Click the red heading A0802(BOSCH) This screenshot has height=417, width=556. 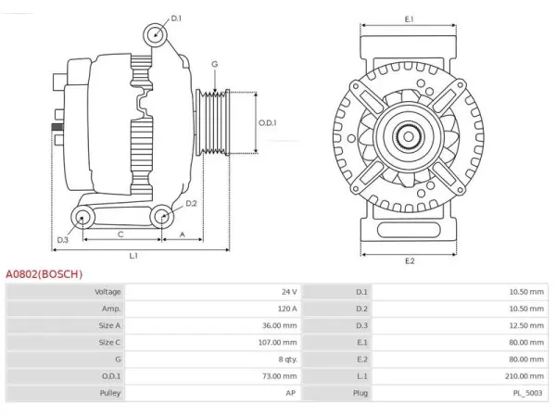pyautogui.click(x=44, y=274)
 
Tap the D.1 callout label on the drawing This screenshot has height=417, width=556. pyautogui.click(x=176, y=19)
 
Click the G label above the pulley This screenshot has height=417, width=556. pyautogui.click(x=215, y=64)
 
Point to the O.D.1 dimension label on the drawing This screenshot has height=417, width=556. pyautogui.click(x=268, y=123)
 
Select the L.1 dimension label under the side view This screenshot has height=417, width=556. pyautogui.click(x=133, y=256)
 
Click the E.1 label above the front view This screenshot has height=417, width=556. pyautogui.click(x=410, y=19)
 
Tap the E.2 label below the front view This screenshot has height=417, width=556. pyautogui.click(x=410, y=261)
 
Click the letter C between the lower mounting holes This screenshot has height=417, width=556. pyautogui.click(x=120, y=234)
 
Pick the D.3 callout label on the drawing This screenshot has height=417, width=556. pyautogui.click(x=62, y=240)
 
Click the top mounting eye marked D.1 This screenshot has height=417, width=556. pyautogui.click(x=156, y=35)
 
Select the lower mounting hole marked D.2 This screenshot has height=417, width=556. pyautogui.click(x=162, y=216)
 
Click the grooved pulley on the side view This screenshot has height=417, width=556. pyautogui.click(x=213, y=122)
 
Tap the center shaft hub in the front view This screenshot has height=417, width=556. pyautogui.click(x=408, y=137)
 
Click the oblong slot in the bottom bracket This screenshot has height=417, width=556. pyautogui.click(x=409, y=230)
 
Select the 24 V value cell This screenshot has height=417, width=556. pyautogui.click(x=289, y=292)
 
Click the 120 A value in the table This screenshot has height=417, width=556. pyautogui.click(x=287, y=309)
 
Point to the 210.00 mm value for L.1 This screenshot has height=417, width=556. pyautogui.click(x=524, y=376)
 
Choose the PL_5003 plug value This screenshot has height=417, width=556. pyautogui.click(x=527, y=393)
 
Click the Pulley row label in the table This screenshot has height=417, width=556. pyautogui.click(x=110, y=393)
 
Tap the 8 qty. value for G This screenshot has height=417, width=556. pyautogui.click(x=287, y=360)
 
